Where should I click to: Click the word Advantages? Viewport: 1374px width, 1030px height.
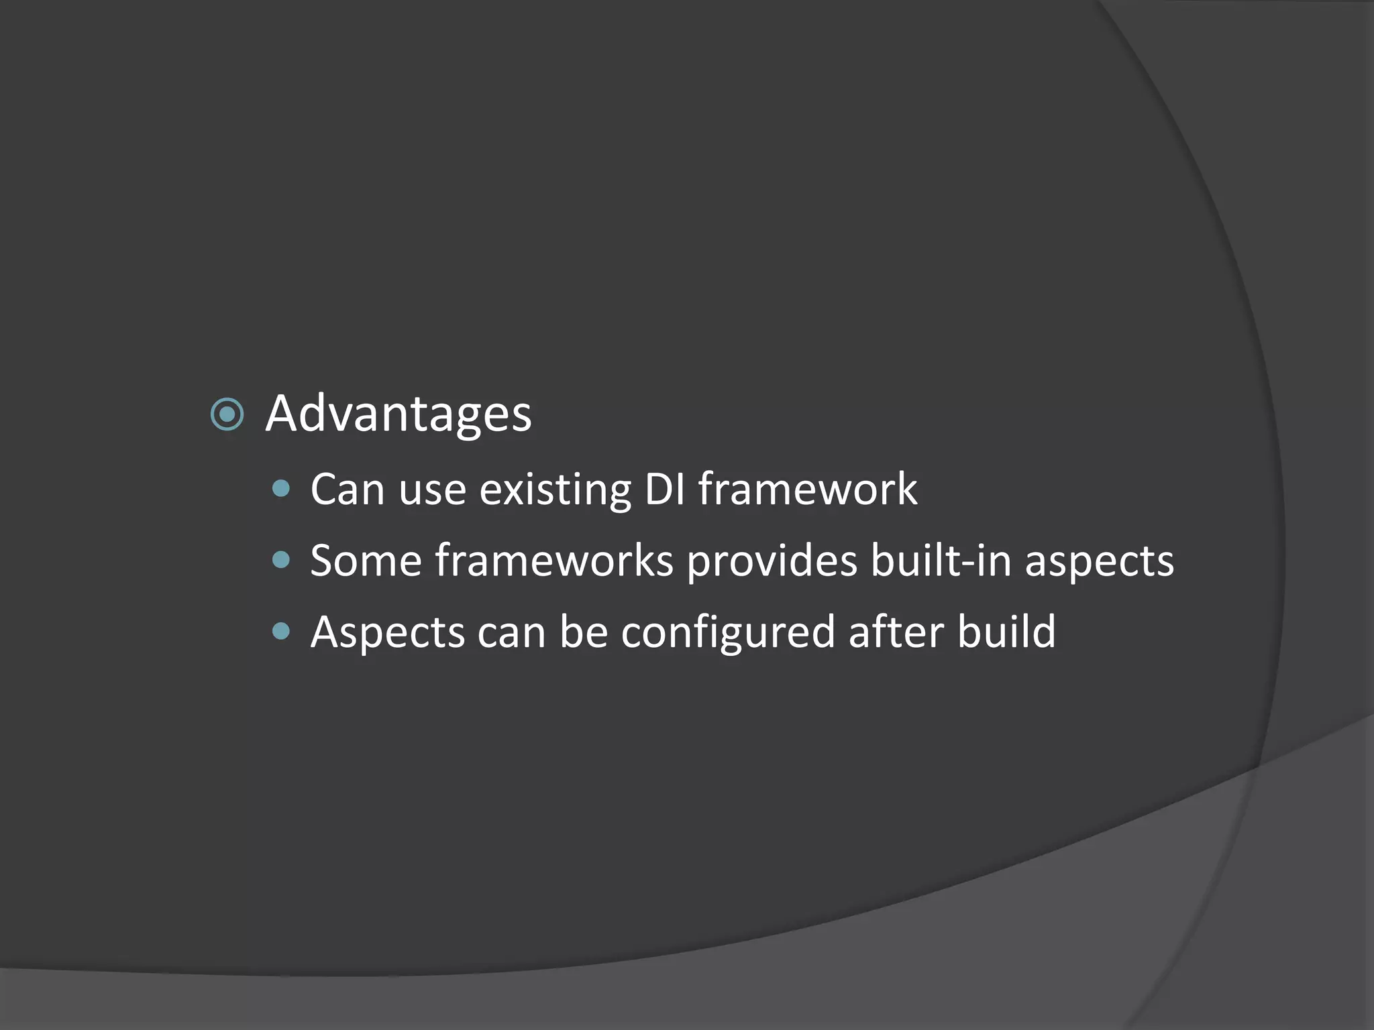tap(399, 414)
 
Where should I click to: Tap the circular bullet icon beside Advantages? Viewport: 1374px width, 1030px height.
tap(227, 414)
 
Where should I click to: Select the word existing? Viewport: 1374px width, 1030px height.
tap(556, 490)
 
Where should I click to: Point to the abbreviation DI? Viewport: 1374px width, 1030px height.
tap(665, 489)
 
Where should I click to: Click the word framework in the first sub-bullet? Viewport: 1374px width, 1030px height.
tap(808, 489)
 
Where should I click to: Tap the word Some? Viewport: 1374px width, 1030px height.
tap(366, 561)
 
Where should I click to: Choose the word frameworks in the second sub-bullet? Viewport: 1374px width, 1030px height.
tap(554, 561)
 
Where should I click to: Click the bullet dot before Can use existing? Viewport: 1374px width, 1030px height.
tap(282, 489)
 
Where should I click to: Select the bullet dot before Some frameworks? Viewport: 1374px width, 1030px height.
tap(282, 560)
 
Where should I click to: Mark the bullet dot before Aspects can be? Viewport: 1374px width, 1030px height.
tap(282, 631)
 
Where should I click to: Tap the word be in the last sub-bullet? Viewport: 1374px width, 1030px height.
tap(583, 632)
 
